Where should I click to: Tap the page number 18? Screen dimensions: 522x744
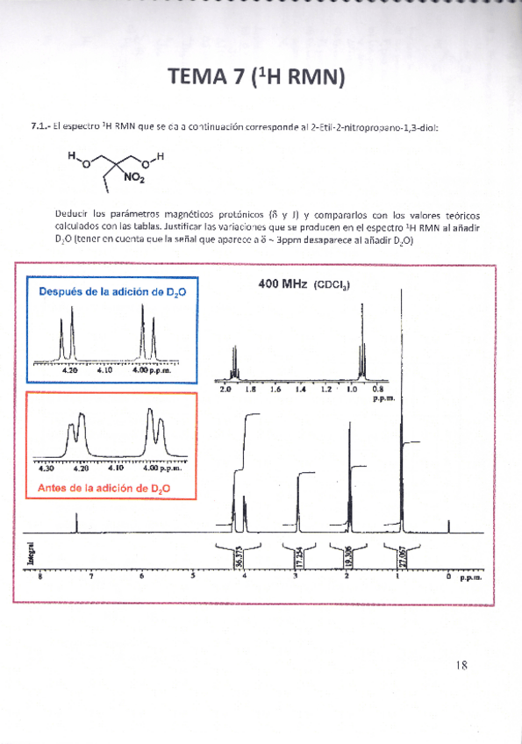pos(462,664)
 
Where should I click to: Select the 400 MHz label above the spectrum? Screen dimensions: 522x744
pos(282,284)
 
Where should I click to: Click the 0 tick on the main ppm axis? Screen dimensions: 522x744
pos(448,577)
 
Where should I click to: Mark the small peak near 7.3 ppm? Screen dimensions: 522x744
pos(76,523)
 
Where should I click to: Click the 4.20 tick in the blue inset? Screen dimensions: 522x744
pos(70,370)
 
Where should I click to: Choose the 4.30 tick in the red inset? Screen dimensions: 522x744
pos(41,468)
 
